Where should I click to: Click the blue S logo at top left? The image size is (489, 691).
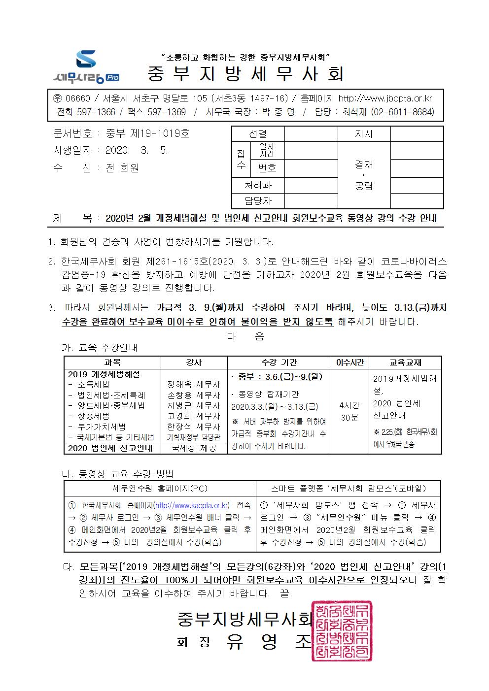point(86,60)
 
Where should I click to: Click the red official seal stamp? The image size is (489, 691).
point(341,631)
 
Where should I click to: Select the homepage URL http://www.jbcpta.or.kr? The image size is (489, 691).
point(385,98)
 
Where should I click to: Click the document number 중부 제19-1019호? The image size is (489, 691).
point(147,133)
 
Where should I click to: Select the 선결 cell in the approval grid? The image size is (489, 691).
point(258,133)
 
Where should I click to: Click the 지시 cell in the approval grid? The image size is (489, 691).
point(364,133)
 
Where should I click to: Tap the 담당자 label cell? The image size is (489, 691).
point(258,200)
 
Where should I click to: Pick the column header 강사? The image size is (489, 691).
point(194,362)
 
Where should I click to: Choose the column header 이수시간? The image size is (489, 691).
point(349,362)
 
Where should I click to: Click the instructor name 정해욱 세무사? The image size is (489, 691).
point(194,385)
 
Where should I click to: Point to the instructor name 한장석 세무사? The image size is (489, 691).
point(194,427)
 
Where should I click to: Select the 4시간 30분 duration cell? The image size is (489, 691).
point(349,411)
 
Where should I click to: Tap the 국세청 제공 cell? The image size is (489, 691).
point(194,448)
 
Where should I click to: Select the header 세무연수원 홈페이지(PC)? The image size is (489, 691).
point(160,489)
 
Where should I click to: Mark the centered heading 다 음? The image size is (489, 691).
point(245,336)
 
